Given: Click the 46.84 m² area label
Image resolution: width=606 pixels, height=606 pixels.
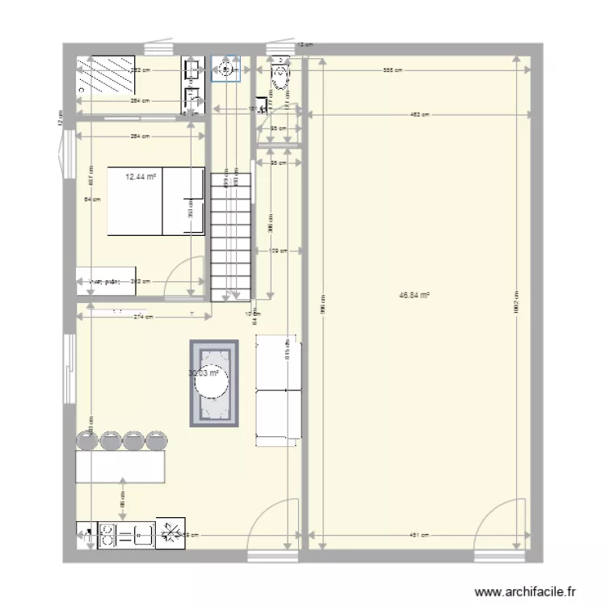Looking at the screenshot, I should [x=414, y=296].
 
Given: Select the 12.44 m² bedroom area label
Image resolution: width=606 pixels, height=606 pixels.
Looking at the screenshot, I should [x=141, y=175].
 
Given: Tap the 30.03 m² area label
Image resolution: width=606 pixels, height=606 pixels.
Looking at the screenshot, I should [x=204, y=373].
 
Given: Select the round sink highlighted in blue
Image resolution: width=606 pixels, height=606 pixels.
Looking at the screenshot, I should [x=225, y=70].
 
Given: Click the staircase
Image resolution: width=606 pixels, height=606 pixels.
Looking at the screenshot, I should [x=230, y=234].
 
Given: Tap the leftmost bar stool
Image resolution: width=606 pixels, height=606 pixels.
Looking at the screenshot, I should [x=86, y=441].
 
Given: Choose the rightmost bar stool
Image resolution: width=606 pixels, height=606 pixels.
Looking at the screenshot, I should [x=154, y=441].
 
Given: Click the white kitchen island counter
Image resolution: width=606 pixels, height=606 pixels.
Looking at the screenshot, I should [x=120, y=467].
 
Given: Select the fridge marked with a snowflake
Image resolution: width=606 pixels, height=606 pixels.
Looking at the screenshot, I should [x=171, y=533].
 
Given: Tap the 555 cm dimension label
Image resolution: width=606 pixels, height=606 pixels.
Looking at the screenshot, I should [x=391, y=71].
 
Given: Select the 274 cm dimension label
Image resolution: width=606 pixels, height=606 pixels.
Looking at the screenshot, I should [x=144, y=317].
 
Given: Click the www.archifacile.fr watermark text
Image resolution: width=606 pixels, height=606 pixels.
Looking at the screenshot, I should [x=527, y=591].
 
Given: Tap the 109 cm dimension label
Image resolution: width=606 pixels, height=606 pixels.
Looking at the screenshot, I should [x=278, y=251].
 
